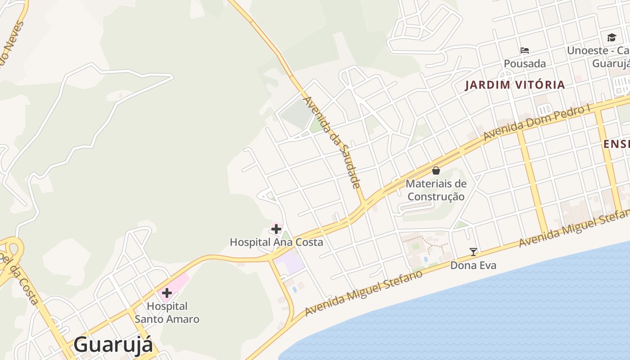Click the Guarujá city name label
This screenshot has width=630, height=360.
(113, 345)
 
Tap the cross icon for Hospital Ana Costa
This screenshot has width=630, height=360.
(276, 229)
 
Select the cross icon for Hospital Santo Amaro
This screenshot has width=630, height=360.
(166, 293)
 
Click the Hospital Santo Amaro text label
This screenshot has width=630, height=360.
(167, 313)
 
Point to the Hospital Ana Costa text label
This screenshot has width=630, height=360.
(276, 242)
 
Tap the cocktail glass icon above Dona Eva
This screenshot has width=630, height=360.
(473, 252)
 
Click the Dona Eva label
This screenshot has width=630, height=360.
(473, 265)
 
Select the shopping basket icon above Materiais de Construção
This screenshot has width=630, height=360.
(436, 171)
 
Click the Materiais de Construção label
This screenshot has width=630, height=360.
(436, 190)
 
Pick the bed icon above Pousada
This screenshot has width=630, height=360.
(525, 50)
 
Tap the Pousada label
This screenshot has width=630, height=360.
(525, 63)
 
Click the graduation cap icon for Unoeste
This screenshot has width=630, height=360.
(612, 37)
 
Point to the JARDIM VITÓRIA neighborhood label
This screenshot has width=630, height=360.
(515, 85)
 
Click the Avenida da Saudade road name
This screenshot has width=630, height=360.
(333, 142)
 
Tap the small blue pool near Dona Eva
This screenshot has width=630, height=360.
(425, 260)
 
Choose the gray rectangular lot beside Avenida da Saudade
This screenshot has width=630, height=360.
(296, 112)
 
